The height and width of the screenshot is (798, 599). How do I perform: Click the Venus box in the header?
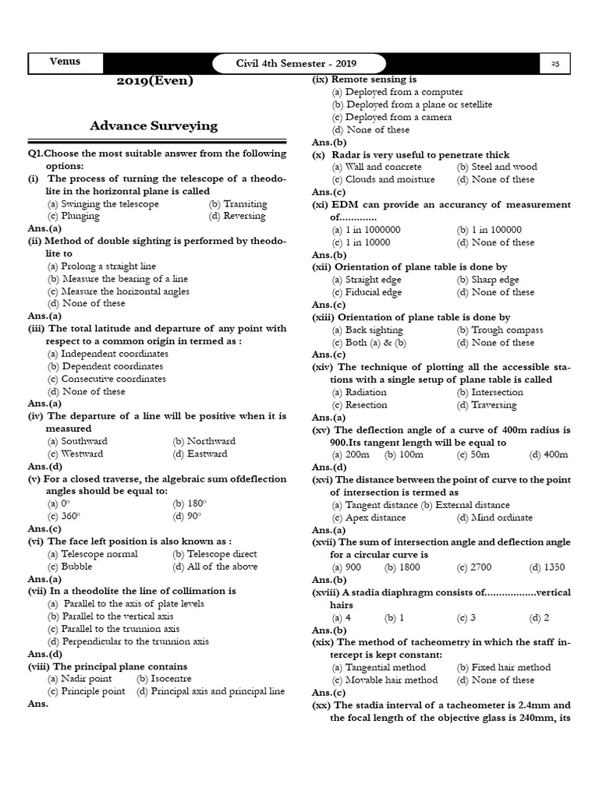click(x=65, y=62)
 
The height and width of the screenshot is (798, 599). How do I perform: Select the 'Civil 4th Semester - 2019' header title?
click(x=300, y=64)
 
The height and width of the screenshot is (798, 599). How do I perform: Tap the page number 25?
click(x=555, y=64)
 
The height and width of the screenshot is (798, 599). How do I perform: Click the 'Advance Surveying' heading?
click(x=154, y=125)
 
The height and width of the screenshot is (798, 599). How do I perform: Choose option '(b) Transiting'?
click(x=238, y=204)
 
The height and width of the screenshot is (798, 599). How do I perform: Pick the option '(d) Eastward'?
click(x=200, y=454)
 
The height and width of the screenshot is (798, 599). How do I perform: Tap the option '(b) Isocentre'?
click(x=164, y=679)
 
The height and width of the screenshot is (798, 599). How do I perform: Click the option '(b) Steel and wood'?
click(x=497, y=167)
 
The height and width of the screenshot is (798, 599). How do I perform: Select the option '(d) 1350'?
click(x=547, y=567)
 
